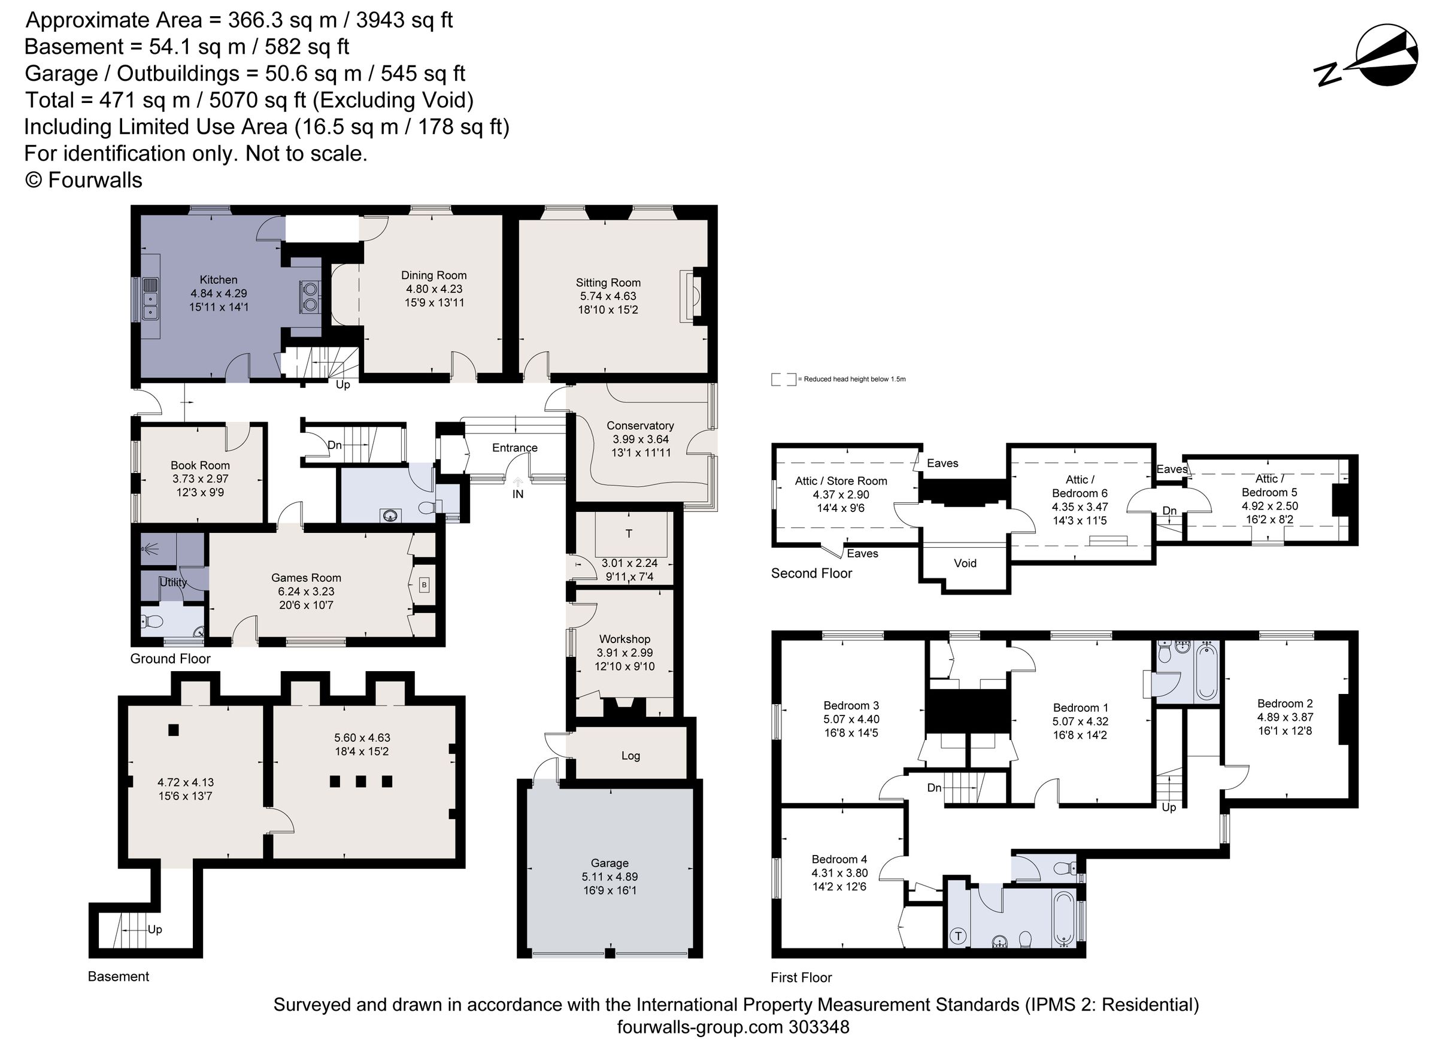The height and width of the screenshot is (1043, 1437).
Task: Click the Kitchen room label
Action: pos(219,280)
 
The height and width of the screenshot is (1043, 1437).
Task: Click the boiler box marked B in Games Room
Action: pos(424,585)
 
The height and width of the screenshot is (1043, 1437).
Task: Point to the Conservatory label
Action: pos(640,426)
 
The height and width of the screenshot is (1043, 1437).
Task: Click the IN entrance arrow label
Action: pos(518,493)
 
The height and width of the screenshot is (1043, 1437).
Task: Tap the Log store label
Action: pos(630,756)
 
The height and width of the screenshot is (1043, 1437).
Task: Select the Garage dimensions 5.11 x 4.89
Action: pos(610,877)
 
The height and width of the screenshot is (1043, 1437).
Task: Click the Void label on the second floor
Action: pos(965,563)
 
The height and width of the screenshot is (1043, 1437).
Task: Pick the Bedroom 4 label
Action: pos(839,859)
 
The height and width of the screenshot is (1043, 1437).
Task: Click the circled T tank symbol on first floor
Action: pos(958,936)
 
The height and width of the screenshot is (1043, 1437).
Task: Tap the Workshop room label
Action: pos(624,639)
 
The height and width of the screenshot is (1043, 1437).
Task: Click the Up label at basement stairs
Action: pos(154,930)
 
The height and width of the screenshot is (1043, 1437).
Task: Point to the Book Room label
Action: pos(200,465)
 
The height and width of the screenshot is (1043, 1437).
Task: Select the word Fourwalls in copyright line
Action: pos(95,181)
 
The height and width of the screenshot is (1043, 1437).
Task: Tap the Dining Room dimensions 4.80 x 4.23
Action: pos(434,289)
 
